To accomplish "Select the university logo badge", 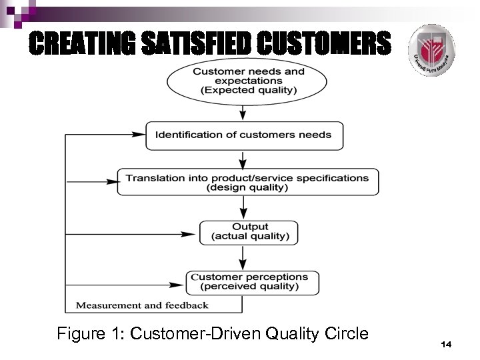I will point(431,50).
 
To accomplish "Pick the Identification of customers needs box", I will point(243,135).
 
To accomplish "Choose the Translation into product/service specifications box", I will point(247,182).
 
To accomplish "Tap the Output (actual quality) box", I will point(249,232).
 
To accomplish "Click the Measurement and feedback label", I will point(142,305).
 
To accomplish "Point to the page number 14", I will point(446,343).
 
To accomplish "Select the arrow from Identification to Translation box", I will point(244,159).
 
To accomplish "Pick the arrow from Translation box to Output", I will point(244,209).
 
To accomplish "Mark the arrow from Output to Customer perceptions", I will point(244,258).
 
